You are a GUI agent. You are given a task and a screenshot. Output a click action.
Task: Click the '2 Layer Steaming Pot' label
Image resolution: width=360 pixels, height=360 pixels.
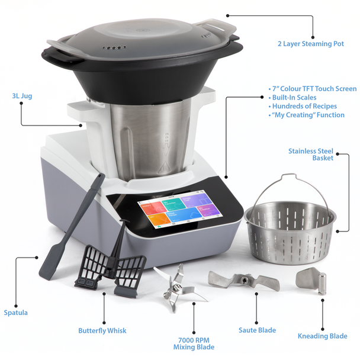click(310, 44)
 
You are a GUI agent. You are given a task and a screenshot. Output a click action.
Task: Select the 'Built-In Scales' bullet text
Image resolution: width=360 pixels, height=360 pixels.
click(295, 98)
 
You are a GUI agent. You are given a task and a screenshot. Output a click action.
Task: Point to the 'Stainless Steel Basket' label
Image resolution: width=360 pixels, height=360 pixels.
click(310, 154)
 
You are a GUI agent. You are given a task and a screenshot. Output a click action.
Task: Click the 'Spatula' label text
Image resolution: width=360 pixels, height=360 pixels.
click(15, 313)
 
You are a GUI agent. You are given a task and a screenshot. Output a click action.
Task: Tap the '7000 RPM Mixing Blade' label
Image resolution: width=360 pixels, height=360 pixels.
click(194, 343)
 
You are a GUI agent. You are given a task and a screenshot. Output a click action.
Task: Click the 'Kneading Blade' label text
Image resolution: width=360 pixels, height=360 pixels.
click(322, 336)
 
